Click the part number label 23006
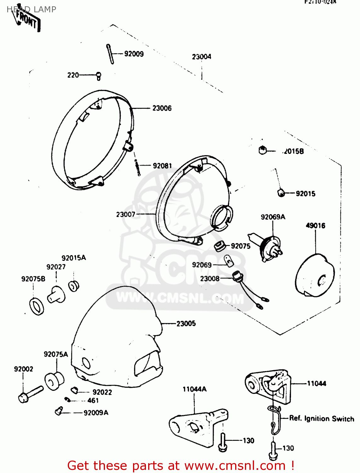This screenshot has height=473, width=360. (162, 108)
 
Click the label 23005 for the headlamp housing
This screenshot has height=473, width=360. (186, 324)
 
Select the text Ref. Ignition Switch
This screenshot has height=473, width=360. (322, 418)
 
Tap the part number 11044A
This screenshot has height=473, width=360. (195, 389)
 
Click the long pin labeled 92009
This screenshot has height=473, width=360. (110, 54)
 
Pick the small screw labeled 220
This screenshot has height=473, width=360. (99, 76)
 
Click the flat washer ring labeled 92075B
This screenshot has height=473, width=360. (37, 306)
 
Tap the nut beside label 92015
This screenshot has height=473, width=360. (281, 192)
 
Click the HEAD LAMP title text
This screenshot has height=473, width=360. (32, 9)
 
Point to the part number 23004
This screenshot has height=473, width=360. (201, 57)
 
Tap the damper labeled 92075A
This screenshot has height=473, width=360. (54, 381)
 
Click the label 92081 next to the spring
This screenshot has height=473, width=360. (162, 166)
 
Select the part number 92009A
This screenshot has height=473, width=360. (96, 413)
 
